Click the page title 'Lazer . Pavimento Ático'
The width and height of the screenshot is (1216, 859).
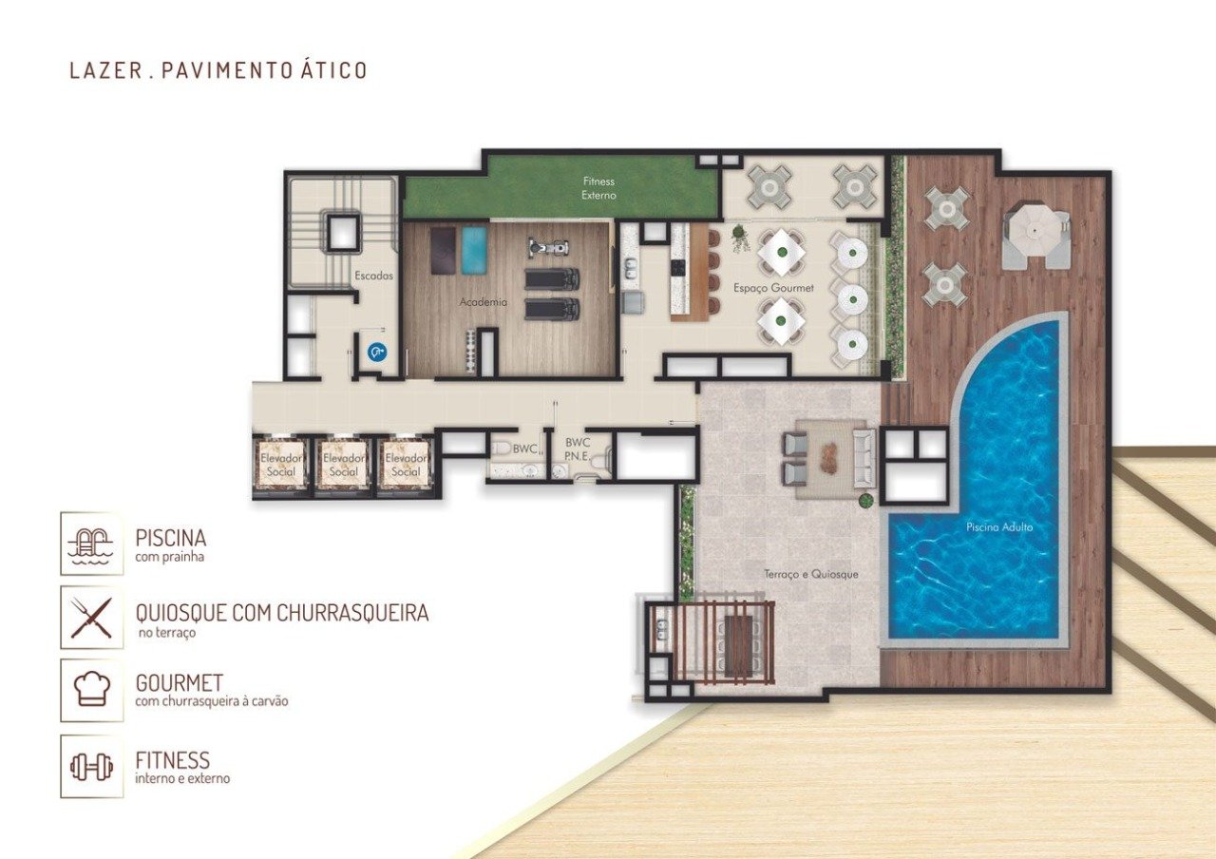click(x=218, y=70)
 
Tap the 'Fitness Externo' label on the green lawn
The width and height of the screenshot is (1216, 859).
click(x=599, y=188)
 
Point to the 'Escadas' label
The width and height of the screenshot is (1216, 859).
click(x=374, y=277)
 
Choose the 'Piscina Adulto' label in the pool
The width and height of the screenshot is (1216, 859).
click(x=998, y=526)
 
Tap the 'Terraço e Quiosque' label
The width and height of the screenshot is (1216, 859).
click(x=811, y=574)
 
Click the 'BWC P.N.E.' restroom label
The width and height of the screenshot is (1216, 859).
click(x=578, y=449)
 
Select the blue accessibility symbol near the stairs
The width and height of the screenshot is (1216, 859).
click(x=377, y=353)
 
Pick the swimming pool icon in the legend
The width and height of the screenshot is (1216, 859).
click(x=92, y=544)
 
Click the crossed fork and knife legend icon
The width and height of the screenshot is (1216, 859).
click(x=92, y=618)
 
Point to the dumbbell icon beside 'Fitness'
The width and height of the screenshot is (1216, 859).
click(x=92, y=766)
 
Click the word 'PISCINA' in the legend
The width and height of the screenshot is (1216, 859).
click(x=171, y=538)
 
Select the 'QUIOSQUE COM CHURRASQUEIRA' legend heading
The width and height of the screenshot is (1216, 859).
click(x=282, y=613)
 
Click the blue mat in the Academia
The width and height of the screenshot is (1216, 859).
click(x=473, y=249)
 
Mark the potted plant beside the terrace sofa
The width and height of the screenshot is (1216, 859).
click(x=866, y=500)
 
